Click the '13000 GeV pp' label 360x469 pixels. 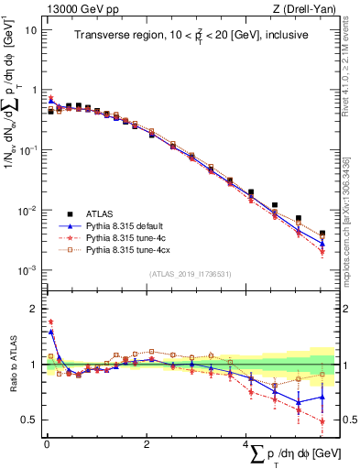point(72,9)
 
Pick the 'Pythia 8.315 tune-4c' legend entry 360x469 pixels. point(135,235)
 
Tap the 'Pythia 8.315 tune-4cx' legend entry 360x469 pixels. point(137,248)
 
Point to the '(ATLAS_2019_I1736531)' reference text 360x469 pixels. point(190,274)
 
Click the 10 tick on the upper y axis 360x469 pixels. point(32,30)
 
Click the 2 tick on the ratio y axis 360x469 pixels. point(33,309)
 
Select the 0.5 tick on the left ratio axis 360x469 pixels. point(29,420)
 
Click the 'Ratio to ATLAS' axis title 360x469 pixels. point(12,365)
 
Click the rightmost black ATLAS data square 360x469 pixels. point(322,234)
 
